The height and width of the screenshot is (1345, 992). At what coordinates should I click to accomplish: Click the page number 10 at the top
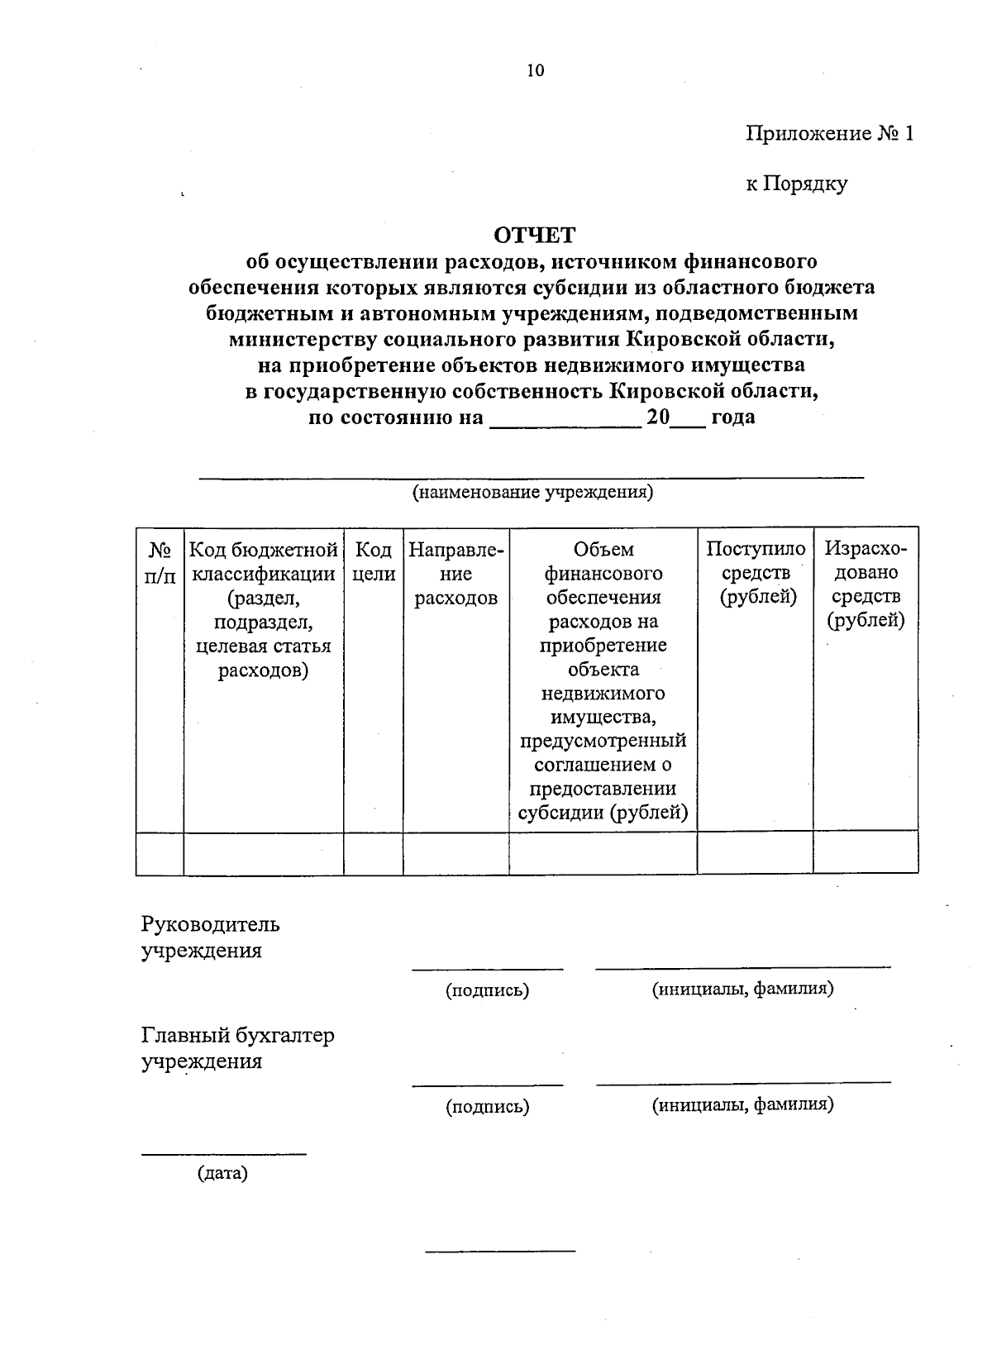536,71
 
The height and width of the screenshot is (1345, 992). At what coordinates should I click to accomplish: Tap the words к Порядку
796,184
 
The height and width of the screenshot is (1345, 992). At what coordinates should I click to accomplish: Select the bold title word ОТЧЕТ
533,236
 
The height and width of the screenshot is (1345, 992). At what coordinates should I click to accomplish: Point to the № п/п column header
160,561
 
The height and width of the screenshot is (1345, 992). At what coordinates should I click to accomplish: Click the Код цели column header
373,561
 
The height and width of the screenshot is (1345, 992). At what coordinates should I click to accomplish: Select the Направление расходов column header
455,573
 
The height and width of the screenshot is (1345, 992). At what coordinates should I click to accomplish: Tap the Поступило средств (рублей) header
755,573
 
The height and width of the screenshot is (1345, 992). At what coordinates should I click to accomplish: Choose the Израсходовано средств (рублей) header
866,584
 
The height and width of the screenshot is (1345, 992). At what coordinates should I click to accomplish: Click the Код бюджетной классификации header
263,609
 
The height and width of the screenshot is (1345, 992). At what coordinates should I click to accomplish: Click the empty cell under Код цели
373,852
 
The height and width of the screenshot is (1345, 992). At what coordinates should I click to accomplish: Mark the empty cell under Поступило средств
755,852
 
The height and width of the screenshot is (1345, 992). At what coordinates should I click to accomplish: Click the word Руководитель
210,923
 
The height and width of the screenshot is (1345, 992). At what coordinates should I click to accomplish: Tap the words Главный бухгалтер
237,1036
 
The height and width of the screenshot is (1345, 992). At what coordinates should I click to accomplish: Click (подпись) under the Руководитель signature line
487,990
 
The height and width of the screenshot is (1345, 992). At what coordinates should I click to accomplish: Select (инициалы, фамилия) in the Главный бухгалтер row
742,1104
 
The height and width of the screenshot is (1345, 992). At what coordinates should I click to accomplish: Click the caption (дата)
222,1172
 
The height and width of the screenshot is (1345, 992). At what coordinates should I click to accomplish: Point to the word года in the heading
732,417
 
